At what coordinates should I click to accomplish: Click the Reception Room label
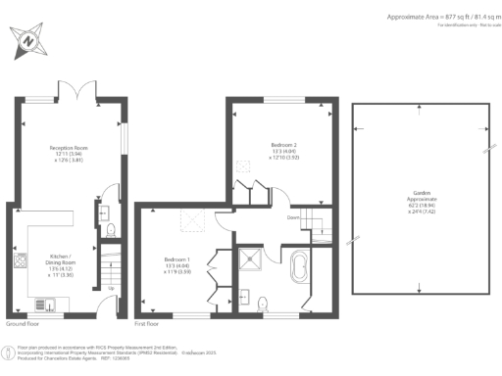[70, 153]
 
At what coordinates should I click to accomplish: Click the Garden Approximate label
[420, 202]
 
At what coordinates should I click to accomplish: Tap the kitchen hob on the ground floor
[20, 260]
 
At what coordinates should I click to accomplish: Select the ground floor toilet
[110, 230]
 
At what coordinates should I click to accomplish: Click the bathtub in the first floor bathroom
[300, 266]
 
